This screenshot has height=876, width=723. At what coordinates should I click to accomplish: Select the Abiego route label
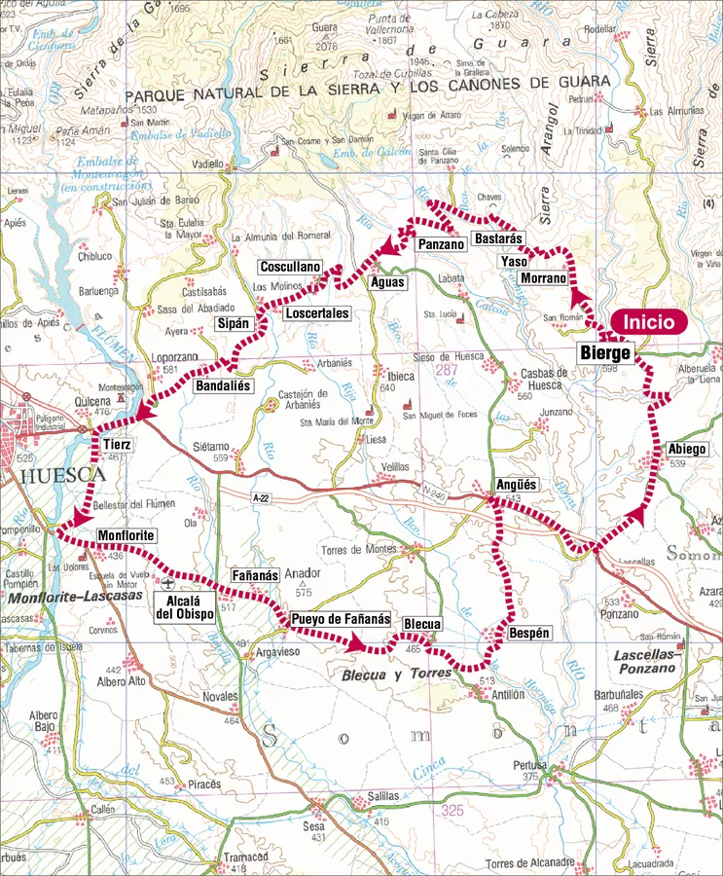(687, 449)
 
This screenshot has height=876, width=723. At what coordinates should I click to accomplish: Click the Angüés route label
(516, 484)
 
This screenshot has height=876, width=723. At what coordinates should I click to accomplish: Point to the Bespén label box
(530, 633)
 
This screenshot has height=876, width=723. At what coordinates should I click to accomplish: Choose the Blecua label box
(422, 624)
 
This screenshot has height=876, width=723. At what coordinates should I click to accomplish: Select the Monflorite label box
(127, 536)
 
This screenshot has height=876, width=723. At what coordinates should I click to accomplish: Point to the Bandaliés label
(223, 386)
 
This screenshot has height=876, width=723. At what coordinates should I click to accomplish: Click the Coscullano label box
(289, 267)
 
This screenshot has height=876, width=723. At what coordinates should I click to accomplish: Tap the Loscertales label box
(316, 313)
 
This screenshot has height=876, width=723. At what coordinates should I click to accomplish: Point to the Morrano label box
(543, 278)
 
